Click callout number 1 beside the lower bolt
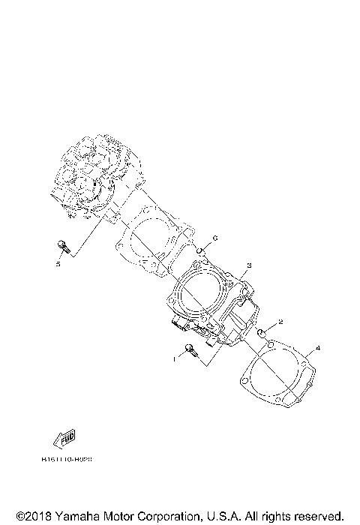pos(175,359)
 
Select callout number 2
pos(280,322)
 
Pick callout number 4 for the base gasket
pos(317,349)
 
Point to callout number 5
pos(57,264)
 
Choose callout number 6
pos(214,238)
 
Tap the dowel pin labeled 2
pos(262,332)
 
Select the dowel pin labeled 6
pos(201,249)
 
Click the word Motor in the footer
pos(117,516)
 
